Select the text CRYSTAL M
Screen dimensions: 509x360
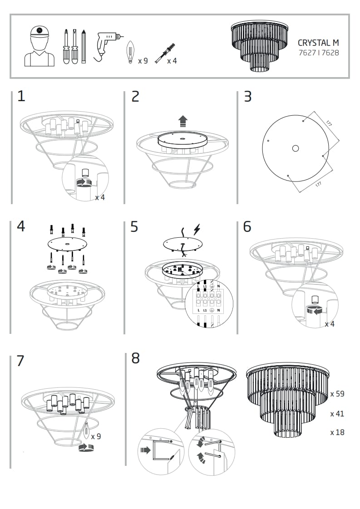click(318, 43)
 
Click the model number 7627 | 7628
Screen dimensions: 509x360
click(318, 53)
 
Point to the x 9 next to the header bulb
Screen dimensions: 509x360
click(143, 61)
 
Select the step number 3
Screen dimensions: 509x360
click(247, 97)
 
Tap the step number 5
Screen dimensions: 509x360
click(134, 226)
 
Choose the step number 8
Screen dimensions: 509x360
click(135, 358)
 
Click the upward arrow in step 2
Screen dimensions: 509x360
click(182, 121)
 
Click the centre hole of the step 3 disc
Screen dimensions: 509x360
click(296, 148)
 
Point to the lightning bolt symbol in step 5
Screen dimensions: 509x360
click(197, 230)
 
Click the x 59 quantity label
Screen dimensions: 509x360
click(337, 394)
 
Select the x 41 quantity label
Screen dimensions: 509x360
click(337, 414)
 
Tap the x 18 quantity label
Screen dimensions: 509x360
click(337, 432)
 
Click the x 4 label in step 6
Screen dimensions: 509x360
click(330, 324)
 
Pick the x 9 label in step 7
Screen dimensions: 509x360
click(96, 436)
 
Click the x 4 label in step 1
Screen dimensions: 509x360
click(100, 197)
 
